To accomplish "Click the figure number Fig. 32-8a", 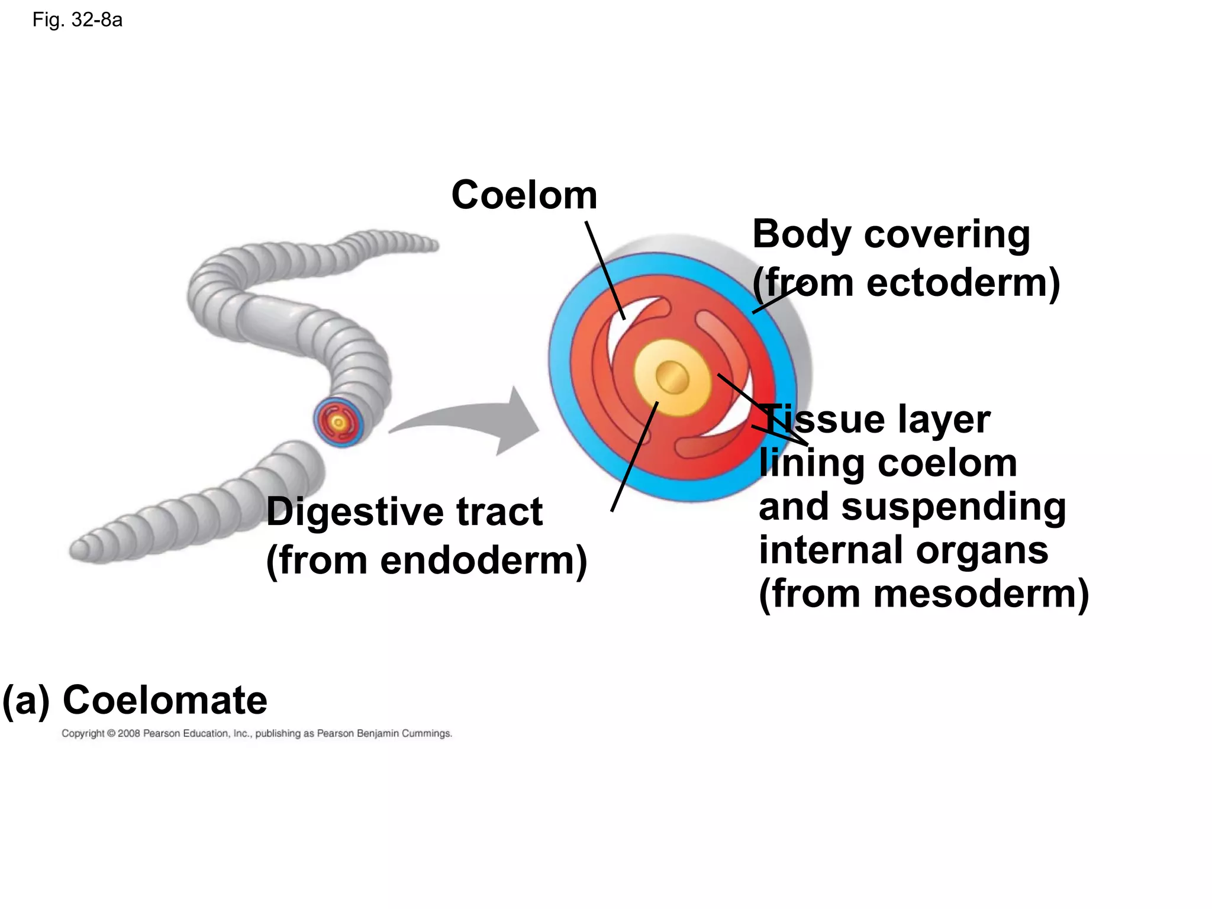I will [x=78, y=20].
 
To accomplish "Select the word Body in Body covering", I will [x=802, y=235].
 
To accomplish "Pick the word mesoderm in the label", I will [x=976, y=594].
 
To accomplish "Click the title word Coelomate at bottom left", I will [x=165, y=700].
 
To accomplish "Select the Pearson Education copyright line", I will [x=257, y=733].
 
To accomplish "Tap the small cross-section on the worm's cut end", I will [x=338, y=422].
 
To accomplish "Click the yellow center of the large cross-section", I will [x=672, y=377].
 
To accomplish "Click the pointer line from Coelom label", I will [x=605, y=269].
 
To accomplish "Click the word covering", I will [x=947, y=235].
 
